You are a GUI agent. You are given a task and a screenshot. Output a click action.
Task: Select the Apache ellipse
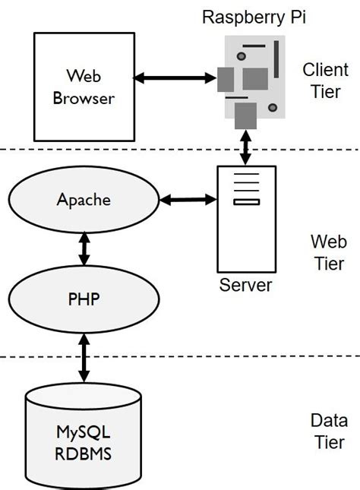tap(84, 201)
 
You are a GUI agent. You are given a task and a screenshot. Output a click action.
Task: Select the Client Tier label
tap(325, 81)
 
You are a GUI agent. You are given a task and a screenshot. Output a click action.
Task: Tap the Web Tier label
tap(327, 253)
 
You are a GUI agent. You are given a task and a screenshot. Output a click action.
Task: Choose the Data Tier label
tap(329, 432)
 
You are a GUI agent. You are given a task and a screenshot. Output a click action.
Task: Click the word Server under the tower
tap(245, 286)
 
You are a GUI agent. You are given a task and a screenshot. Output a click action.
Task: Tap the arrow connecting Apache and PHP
tap(84, 248)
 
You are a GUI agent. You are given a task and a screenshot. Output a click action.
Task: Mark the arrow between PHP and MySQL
tap(84, 356)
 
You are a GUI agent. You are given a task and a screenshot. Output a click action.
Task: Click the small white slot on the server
tap(246, 202)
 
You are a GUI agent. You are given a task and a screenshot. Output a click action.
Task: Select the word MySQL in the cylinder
tap(84, 433)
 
